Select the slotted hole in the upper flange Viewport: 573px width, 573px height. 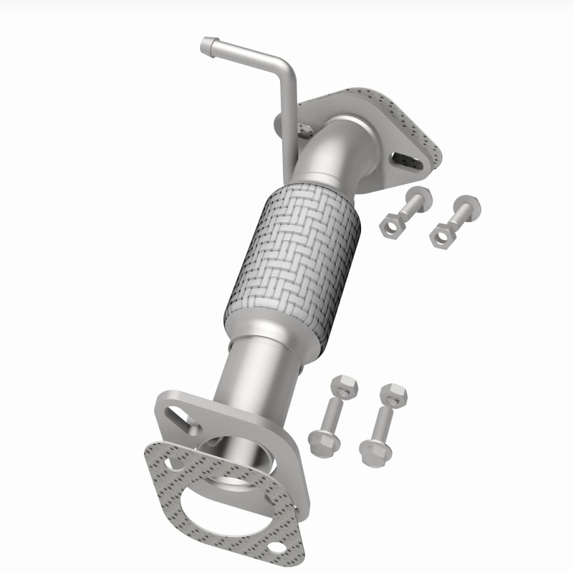(405, 156)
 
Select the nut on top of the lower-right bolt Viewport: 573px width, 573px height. (393, 393)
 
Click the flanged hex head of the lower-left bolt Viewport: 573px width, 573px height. (324, 441)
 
